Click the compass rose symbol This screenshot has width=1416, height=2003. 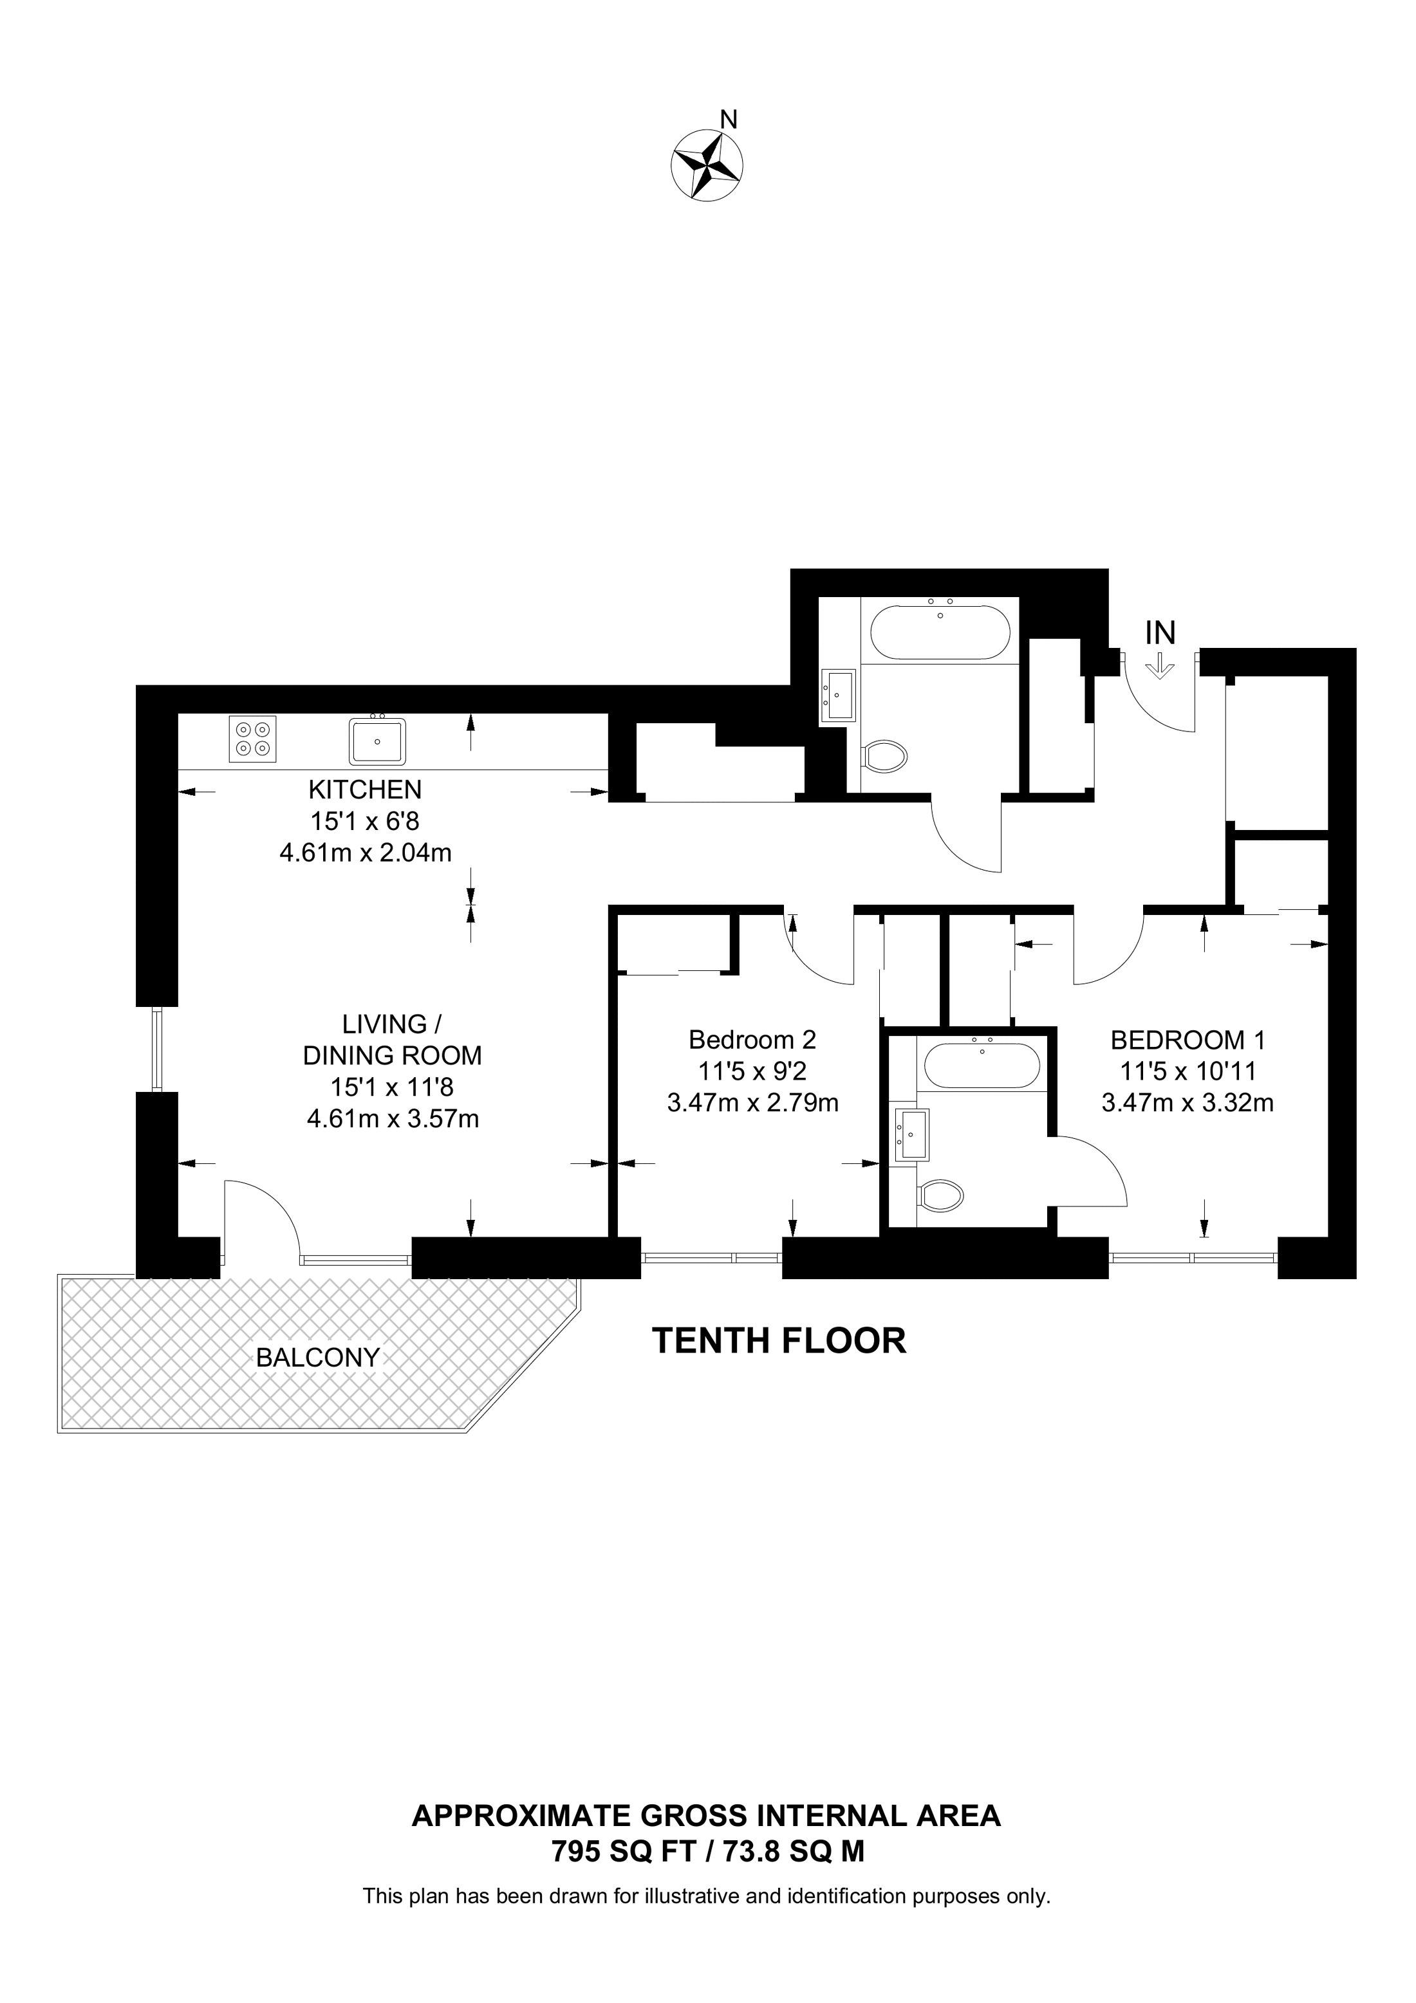point(707,166)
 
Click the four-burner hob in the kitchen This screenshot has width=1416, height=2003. point(253,738)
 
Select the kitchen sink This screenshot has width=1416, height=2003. point(377,740)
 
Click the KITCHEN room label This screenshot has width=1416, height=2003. point(365,789)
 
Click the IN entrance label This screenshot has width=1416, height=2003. point(1160,632)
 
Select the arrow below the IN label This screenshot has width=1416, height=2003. point(1160,667)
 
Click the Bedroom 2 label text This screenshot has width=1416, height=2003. point(752,1040)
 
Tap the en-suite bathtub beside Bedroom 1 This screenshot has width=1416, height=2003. point(982,1066)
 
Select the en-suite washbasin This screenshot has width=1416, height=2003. point(912,1134)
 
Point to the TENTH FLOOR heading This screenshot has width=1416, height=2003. point(779,1340)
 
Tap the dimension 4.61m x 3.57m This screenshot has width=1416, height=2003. point(393,1118)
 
